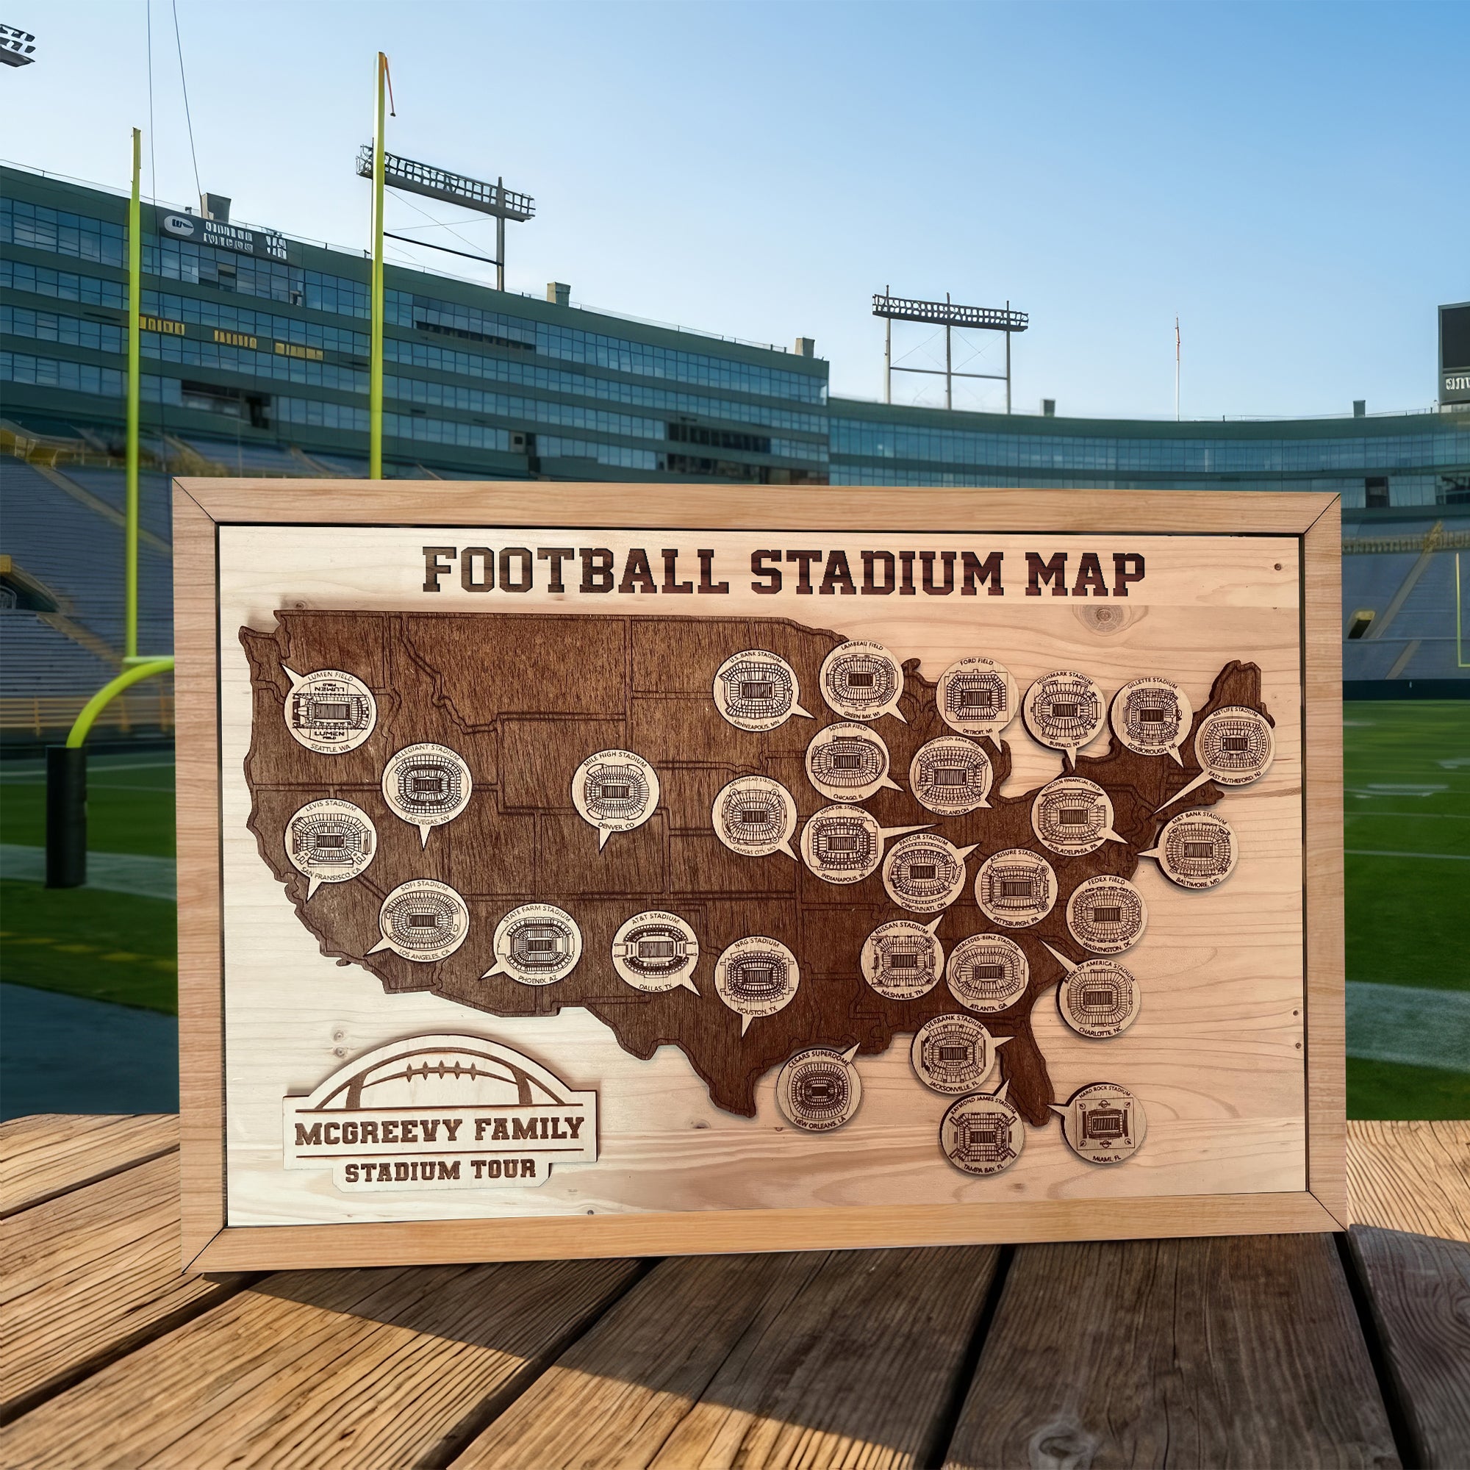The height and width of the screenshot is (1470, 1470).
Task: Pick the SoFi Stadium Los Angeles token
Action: [x=423, y=920]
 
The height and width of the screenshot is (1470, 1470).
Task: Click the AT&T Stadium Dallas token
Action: [x=654, y=952]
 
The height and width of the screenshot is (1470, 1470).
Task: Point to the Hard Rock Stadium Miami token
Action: [x=1103, y=1124]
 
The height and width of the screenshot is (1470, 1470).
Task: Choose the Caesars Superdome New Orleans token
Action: [x=819, y=1089]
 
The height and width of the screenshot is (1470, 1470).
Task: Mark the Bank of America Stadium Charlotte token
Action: [x=1099, y=997]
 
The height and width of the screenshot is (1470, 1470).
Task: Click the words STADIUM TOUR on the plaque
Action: [x=440, y=1170]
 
